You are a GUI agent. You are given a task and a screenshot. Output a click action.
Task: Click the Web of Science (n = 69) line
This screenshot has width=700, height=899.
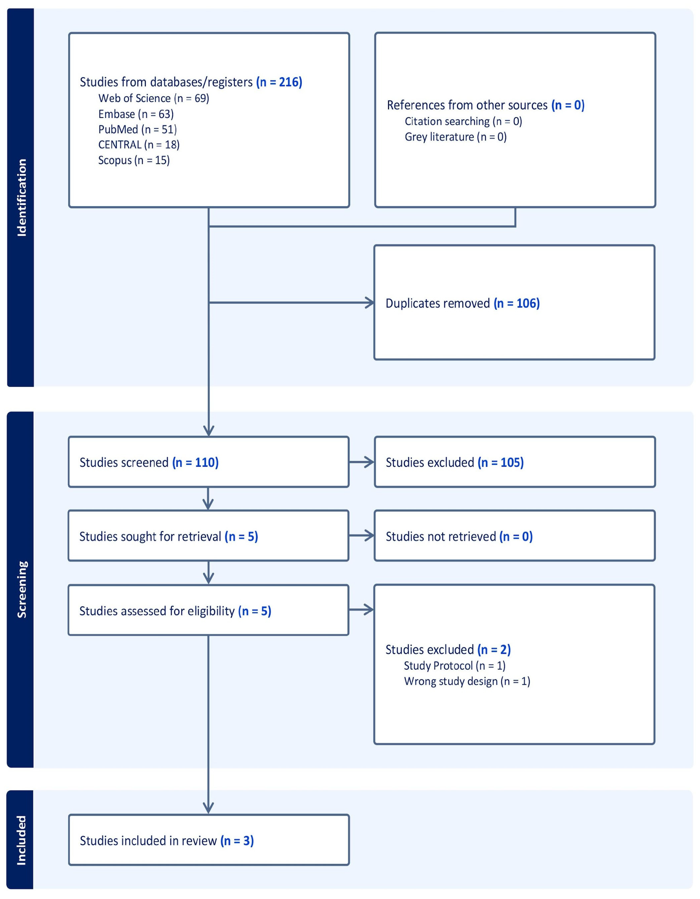[154, 98]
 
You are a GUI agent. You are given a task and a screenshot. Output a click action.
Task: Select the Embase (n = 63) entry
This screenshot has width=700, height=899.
[136, 114]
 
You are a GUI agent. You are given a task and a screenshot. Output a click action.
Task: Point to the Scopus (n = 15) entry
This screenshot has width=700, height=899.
[134, 160]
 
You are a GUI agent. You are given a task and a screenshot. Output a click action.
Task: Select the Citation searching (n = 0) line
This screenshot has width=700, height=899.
[463, 121]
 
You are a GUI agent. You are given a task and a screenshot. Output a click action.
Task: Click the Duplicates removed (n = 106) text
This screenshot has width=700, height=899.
[462, 303]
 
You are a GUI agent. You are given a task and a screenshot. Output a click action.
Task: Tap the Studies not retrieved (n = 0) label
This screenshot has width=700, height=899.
[459, 536]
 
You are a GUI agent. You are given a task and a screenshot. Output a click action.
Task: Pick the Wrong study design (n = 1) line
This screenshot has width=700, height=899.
[467, 681]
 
